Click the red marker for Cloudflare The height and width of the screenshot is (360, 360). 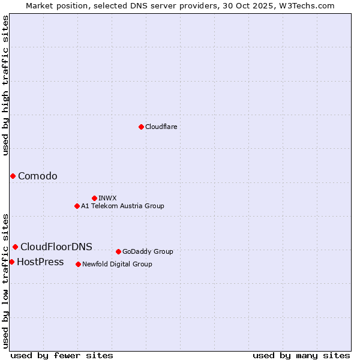[141, 127]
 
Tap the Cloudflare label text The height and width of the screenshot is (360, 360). [161, 127]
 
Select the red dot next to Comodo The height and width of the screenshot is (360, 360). [13, 176]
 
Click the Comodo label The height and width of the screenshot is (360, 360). [38, 176]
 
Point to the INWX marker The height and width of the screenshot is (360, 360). [94, 198]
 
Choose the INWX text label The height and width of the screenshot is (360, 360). [107, 198]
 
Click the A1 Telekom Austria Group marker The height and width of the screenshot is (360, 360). [77, 206]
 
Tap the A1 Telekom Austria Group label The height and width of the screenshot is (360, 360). [122, 206]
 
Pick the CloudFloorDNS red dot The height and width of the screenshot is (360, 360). [15, 247]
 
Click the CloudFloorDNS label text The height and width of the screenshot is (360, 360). [56, 247]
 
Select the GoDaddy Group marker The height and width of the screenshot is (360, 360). [118, 251]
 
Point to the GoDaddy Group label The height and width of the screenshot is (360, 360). [148, 251]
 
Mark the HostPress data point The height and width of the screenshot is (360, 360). [11, 262]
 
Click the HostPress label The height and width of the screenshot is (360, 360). [40, 262]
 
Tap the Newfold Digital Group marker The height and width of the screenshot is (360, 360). [78, 264]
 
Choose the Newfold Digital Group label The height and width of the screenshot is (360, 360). [117, 264]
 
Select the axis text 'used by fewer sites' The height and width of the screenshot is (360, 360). [62, 355]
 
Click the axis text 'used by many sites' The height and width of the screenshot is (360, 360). [301, 355]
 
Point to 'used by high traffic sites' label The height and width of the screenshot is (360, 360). [6, 85]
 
